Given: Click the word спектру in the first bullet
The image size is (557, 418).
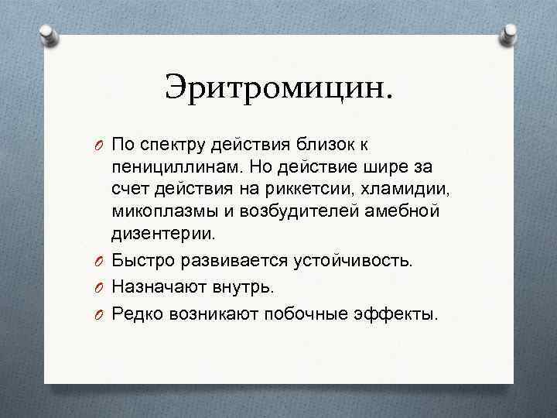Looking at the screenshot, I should [x=174, y=144].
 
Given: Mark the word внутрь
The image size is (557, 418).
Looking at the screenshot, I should [x=244, y=287].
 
